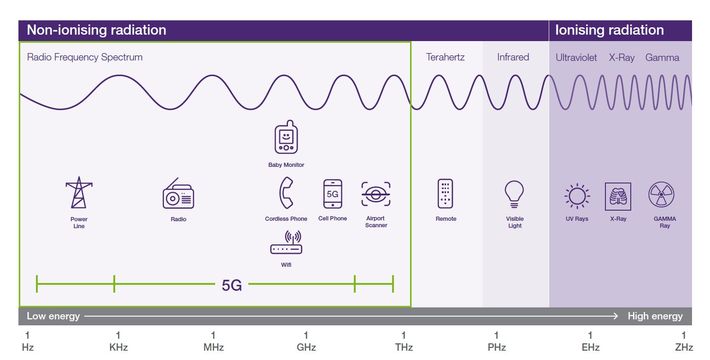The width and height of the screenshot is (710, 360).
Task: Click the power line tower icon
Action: pyautogui.click(x=78, y=194)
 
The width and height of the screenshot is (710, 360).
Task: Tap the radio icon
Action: pyautogui.click(x=178, y=194)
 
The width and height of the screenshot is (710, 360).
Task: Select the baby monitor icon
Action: pyautogui.click(x=286, y=138)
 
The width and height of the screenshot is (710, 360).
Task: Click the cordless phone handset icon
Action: pyautogui.click(x=286, y=193)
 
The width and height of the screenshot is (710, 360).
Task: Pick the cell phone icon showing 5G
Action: pyautogui.click(x=332, y=193)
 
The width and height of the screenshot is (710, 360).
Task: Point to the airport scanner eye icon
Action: pyautogui.click(x=376, y=193)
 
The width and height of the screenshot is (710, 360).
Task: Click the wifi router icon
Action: pyautogui.click(x=286, y=243)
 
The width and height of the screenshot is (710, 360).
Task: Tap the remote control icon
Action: pyautogui.click(x=446, y=193)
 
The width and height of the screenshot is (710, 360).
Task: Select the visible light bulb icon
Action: pyautogui.click(x=514, y=193)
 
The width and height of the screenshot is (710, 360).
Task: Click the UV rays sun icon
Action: pyautogui.click(x=576, y=194)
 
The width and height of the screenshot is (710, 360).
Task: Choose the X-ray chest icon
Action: pyautogui.click(x=618, y=194)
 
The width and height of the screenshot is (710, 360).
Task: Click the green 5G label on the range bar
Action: pyautogui.click(x=232, y=284)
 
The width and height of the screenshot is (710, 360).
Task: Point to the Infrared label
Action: pyautogui.click(x=513, y=58)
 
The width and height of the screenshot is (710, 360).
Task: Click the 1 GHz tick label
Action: pyautogui.click(x=306, y=341)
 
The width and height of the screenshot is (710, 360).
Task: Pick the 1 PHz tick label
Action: pyautogui.click(x=496, y=341)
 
